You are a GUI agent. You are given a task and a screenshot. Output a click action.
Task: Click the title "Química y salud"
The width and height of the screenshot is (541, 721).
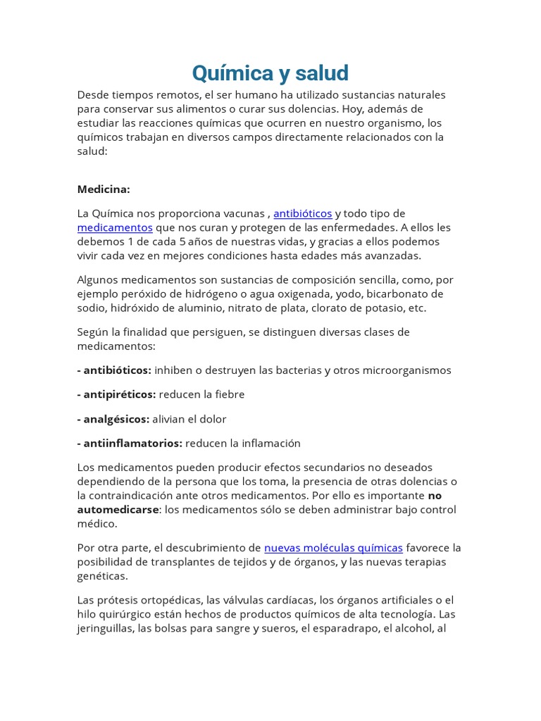click(x=270, y=73)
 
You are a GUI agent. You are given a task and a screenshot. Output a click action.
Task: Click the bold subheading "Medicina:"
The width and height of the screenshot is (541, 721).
click(x=104, y=189)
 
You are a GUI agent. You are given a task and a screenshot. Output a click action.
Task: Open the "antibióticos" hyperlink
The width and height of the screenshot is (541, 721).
click(x=302, y=213)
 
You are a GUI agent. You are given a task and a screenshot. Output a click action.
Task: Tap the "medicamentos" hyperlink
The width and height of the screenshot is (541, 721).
click(x=115, y=227)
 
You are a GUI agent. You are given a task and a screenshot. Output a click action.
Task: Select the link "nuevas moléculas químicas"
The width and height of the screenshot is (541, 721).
click(x=333, y=548)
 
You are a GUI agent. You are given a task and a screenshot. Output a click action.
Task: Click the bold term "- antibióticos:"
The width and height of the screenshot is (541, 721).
click(x=114, y=370)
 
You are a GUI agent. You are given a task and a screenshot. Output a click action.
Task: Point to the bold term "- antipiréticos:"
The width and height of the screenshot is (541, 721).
click(x=116, y=394)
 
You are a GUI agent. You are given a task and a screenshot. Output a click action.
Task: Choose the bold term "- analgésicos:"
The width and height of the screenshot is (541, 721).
click(x=113, y=419)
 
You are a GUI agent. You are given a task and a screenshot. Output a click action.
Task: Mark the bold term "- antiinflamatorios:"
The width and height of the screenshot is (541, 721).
click(x=130, y=443)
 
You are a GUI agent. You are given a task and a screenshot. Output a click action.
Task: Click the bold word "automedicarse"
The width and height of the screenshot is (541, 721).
click(x=116, y=510)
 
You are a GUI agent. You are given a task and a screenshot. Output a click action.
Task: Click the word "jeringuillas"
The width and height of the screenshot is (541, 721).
click(x=106, y=628)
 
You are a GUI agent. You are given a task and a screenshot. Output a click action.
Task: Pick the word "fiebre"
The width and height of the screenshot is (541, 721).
click(x=227, y=394)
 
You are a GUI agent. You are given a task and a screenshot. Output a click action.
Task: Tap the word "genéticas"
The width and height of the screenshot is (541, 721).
click(x=102, y=576)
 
